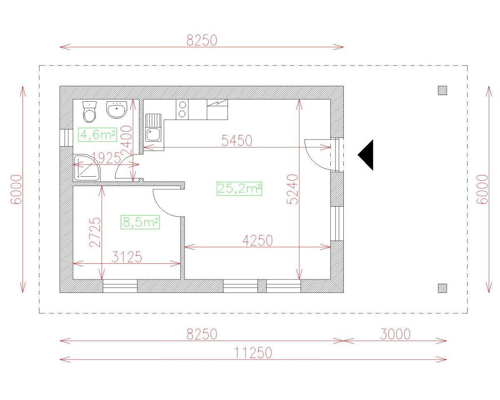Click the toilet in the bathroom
point(89,111)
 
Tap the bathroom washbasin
point(116,110)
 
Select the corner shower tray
point(87,168)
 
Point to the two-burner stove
point(182,110)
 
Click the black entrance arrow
point(367,155)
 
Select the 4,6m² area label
point(97,135)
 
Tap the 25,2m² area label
point(239,189)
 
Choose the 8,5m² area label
point(140,222)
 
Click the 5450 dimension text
point(237,141)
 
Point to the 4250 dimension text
point(257,240)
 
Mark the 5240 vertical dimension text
point(293,189)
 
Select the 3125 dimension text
point(127,257)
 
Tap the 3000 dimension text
point(395,334)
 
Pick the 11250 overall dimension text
point(253,353)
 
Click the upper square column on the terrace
point(442,90)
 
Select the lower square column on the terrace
point(442,288)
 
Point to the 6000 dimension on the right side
point(482,189)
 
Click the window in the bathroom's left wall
point(66,138)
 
